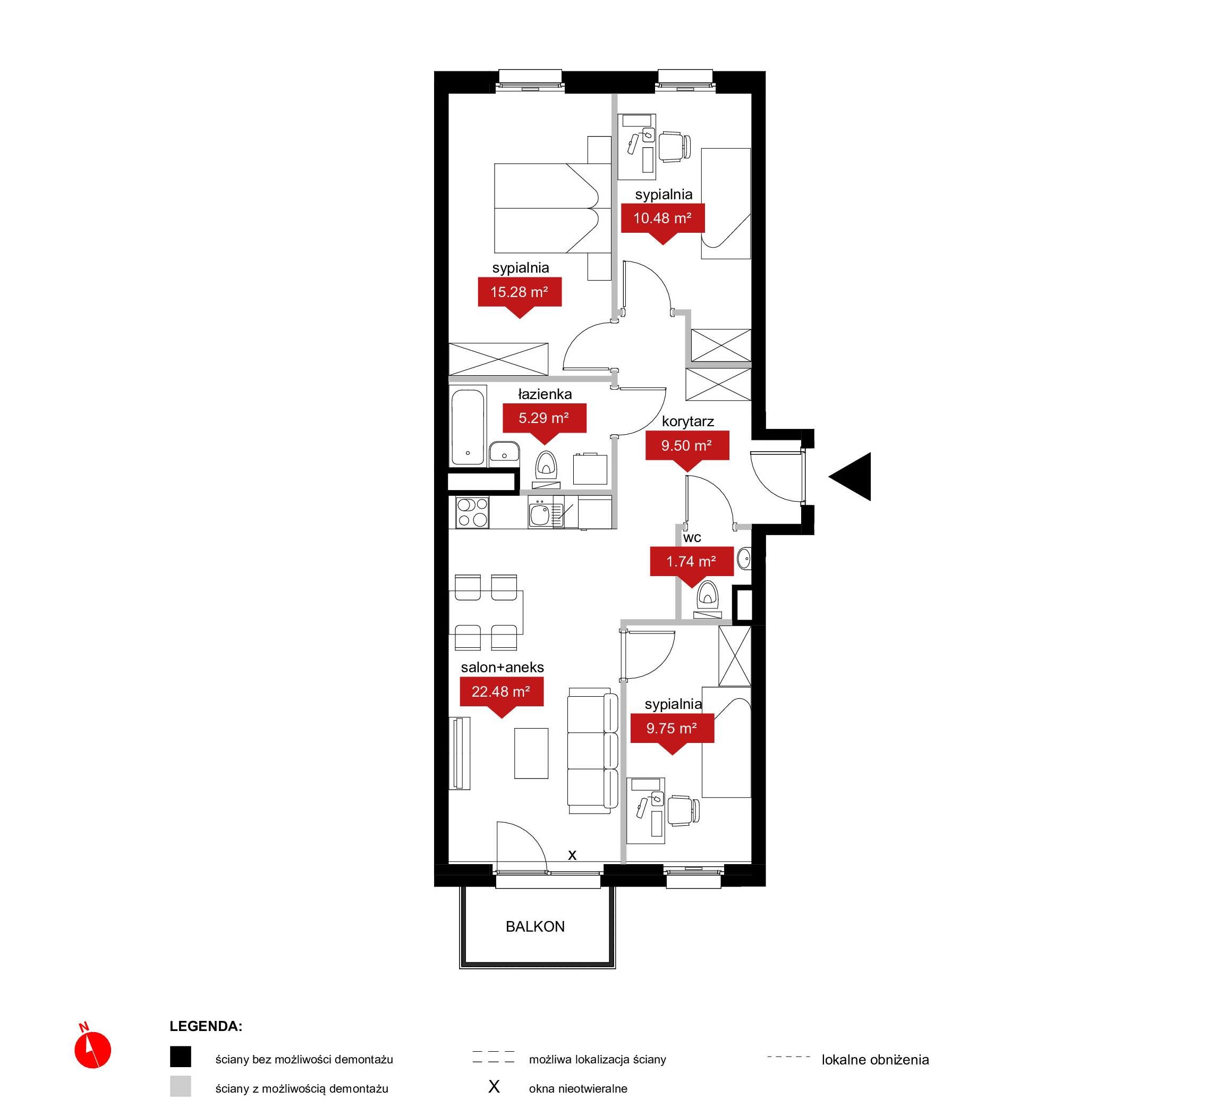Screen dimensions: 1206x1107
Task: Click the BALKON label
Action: [x=535, y=927]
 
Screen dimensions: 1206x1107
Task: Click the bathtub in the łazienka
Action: [x=468, y=427]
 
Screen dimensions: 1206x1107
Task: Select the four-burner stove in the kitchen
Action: [x=472, y=513]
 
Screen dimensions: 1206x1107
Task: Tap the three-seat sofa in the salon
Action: [x=592, y=750]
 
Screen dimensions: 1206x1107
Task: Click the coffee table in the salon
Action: [x=531, y=754]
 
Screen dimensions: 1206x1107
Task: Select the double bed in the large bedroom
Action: [x=547, y=208]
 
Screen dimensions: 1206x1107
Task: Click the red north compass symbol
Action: [x=92, y=1049]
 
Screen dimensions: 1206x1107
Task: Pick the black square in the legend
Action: [x=180, y=1057]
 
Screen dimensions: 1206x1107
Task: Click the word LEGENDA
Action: [x=206, y=1026]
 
